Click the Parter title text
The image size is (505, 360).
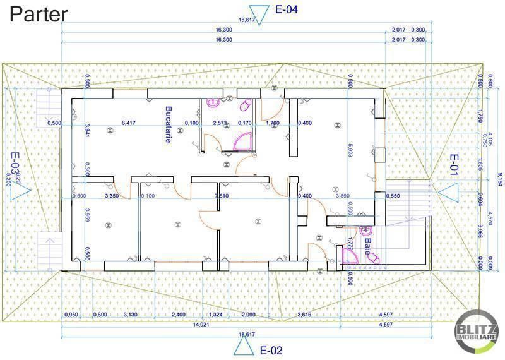point(39,14)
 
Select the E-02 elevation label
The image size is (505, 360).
point(271,349)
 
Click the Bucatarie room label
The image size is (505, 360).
point(169,124)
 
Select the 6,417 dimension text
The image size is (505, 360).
point(128,123)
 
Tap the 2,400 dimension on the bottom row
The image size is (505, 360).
point(179,315)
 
